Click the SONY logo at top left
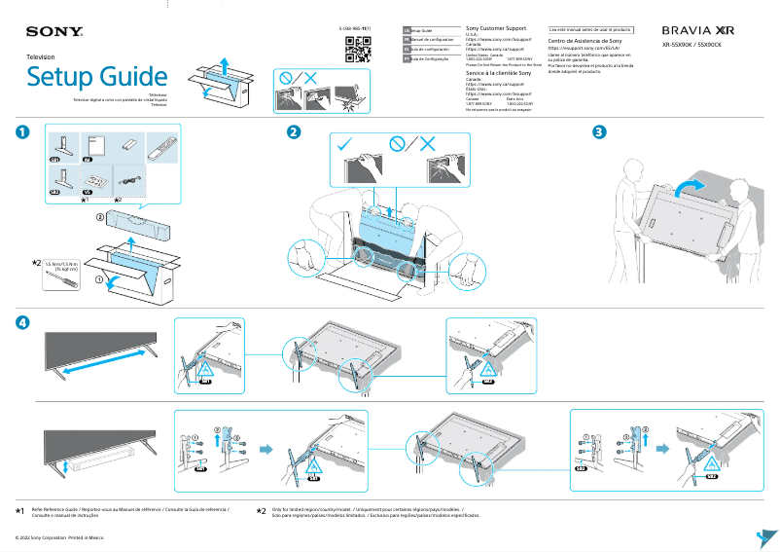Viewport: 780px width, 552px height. (54, 33)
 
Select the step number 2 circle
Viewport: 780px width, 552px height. (293, 132)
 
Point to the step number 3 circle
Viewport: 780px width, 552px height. (600, 132)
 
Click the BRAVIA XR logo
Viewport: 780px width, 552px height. (697, 31)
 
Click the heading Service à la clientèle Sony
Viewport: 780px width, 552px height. (499, 73)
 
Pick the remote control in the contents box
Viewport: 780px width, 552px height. (159, 149)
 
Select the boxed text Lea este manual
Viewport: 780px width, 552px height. (590, 30)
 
